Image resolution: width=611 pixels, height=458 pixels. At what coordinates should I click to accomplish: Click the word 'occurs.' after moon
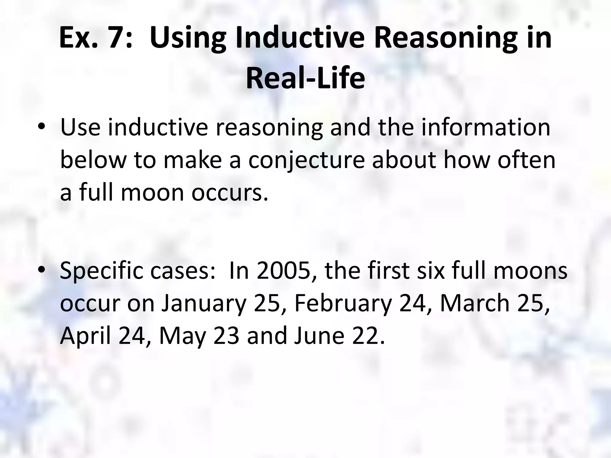(230, 193)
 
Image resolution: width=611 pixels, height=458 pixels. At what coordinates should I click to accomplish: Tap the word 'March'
(475, 303)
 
